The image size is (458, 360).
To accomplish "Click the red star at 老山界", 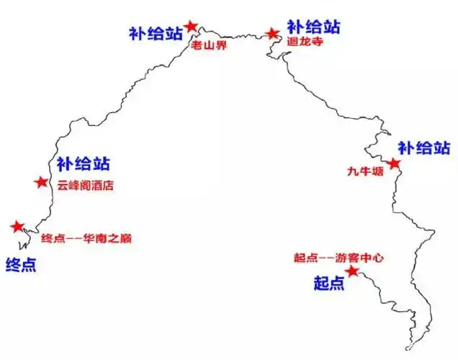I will [x=191, y=27].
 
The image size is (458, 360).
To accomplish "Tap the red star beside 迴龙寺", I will [x=271, y=33].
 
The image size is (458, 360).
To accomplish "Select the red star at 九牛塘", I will [x=393, y=164].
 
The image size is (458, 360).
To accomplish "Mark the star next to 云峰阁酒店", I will [x=41, y=182].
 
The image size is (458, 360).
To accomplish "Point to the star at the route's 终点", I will [x=17, y=227].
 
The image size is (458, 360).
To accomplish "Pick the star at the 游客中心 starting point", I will [x=351, y=271].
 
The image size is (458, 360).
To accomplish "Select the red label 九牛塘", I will [x=362, y=172].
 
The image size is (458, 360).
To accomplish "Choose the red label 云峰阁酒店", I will [x=86, y=186].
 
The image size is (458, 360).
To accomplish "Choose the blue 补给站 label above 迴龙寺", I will [x=313, y=27].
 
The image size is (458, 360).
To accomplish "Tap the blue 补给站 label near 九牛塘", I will [x=425, y=148].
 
